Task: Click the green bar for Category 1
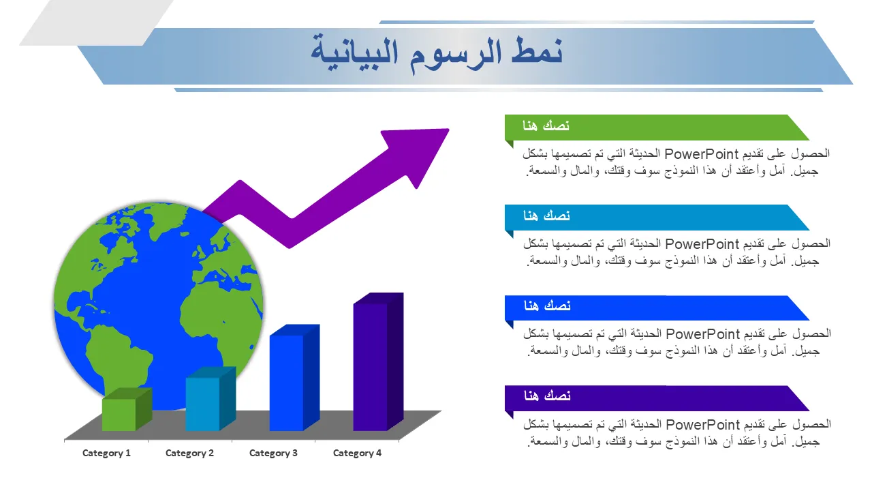127,410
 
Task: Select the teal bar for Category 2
211,399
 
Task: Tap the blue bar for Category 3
294,378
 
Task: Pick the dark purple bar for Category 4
378,361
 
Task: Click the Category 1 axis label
106,453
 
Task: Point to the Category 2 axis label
189,453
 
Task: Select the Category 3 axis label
273,453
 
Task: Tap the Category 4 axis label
357,453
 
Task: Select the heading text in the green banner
546,125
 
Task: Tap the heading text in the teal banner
546,215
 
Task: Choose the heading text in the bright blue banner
547,306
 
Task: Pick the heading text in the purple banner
547,396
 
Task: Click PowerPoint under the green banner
701,154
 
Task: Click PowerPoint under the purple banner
702,425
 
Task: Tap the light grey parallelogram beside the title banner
96,23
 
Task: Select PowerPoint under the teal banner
702,244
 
